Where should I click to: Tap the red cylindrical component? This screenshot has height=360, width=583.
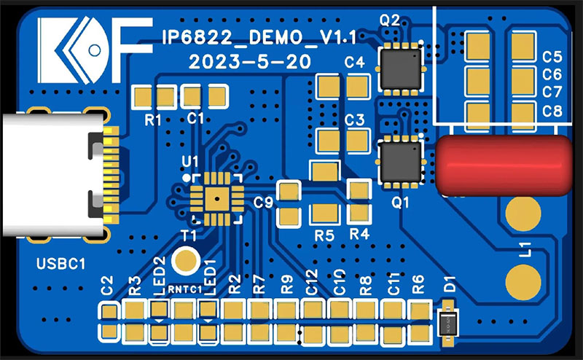(503, 166)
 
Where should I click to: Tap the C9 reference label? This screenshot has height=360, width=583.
(262, 203)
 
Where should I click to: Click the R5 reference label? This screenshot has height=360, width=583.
(324, 235)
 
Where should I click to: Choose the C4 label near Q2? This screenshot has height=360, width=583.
(354, 63)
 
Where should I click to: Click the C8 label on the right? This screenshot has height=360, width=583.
(552, 111)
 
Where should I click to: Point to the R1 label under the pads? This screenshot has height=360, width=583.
(152, 120)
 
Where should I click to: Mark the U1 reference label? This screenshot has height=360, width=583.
(190, 160)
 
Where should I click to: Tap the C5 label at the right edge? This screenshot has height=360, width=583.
(552, 57)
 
